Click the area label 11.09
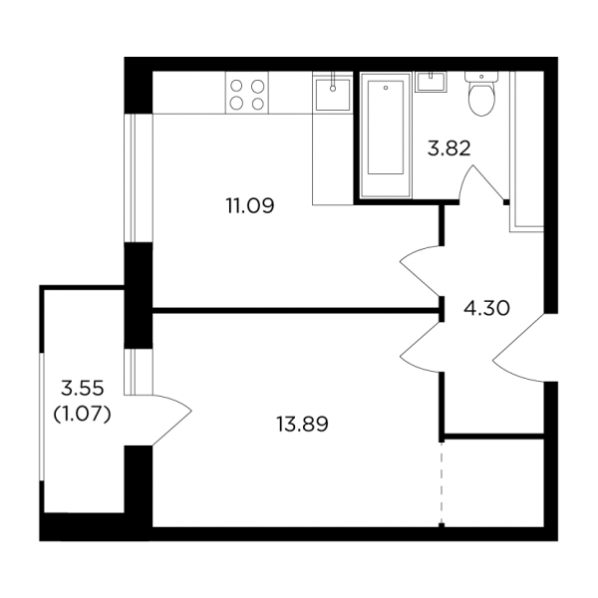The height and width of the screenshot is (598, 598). coord(250,206)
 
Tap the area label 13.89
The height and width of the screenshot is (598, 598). coord(302,425)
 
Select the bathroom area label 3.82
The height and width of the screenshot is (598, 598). coord(448,149)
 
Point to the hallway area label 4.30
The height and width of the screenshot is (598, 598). coord(486,308)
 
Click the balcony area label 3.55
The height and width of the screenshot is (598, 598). coord(83,389)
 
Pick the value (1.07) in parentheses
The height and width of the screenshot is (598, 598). coord(83,414)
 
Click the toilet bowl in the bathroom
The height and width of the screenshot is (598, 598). coord(481,99)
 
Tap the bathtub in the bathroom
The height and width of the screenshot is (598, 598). coord(386,135)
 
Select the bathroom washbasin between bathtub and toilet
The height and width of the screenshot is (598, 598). coord(432,82)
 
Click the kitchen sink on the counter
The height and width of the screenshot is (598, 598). coord(333,93)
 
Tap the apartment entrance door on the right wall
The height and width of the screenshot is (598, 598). coord(518,348)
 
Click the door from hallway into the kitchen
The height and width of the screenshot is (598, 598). coord(421,271)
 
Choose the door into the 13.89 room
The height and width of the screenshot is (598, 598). coord(421,346)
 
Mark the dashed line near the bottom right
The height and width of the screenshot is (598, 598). coord(442,483)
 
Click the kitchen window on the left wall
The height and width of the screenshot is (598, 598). coord(139,177)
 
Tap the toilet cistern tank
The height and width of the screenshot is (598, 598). coord(481,77)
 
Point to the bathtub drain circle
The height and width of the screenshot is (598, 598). coord(386,88)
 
